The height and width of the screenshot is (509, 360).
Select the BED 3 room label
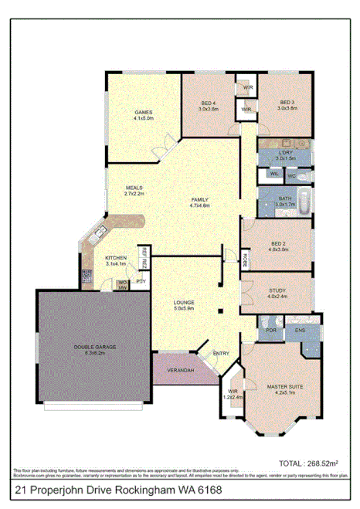coord(287,103)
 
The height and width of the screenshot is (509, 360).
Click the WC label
coord(291,176)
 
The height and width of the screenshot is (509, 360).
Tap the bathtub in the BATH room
coord(305,204)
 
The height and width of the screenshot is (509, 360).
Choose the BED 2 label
coord(278,244)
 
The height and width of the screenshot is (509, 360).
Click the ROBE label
coord(245,257)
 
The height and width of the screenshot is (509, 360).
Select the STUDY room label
coord(277,290)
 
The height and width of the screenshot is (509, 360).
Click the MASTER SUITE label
coord(283,386)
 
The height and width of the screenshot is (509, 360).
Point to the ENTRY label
coord(221,354)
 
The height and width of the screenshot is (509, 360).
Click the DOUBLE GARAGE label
coord(95,347)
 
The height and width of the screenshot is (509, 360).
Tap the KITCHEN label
coord(116,257)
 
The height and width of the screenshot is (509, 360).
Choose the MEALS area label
coord(136,188)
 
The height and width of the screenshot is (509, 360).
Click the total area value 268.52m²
coord(322,463)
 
